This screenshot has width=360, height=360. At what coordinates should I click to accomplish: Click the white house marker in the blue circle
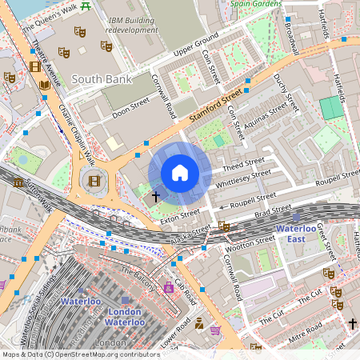coord(180,173)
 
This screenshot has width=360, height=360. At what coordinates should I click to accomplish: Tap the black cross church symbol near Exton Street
coord(155,194)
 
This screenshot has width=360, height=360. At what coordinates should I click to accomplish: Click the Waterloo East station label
coord(297,233)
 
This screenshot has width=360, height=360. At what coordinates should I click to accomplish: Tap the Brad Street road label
coord(273,210)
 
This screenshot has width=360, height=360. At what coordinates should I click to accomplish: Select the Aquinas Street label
coord(268,114)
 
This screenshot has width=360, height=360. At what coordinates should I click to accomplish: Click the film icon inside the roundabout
coord(95,180)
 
